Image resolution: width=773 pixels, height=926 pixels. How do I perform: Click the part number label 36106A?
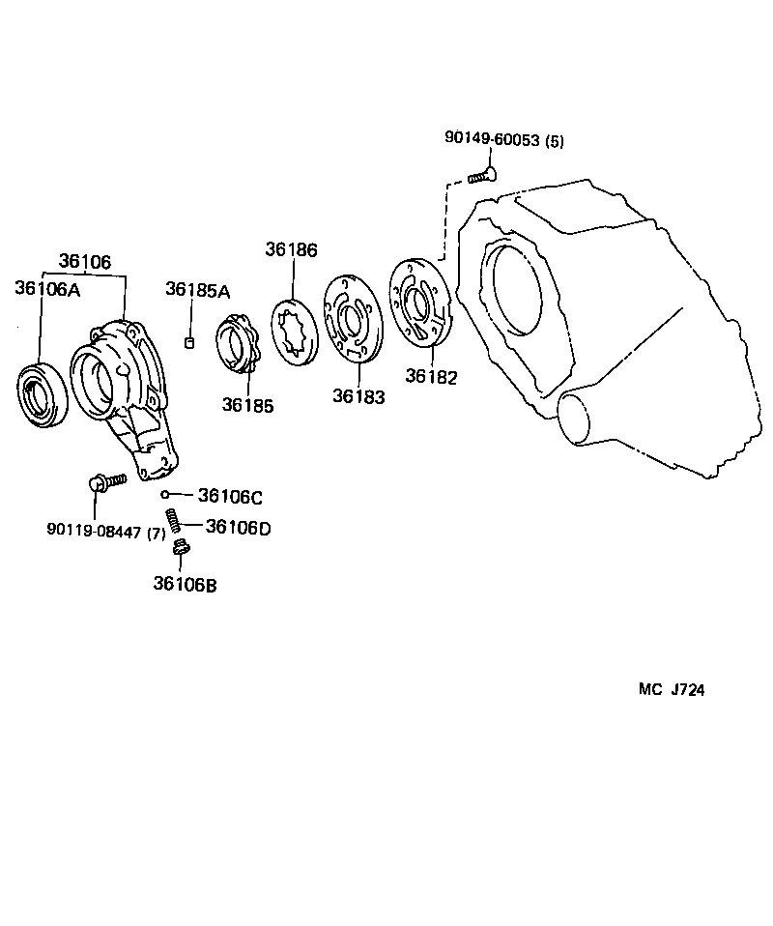[x=47, y=287]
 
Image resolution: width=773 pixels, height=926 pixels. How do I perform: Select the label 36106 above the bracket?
[x=85, y=261]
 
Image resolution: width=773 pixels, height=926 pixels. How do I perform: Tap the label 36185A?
[x=197, y=289]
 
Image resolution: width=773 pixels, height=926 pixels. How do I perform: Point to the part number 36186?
[x=291, y=249]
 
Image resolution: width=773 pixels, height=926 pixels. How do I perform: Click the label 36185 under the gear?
[x=247, y=405]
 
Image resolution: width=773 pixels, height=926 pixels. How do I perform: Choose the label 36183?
[x=358, y=395]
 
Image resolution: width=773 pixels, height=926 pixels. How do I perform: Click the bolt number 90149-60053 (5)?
[x=504, y=139]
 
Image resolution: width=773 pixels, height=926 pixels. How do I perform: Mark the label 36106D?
[x=238, y=527]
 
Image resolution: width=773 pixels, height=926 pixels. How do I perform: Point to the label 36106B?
[x=185, y=584]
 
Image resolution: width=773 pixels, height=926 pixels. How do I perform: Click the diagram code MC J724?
[x=672, y=689]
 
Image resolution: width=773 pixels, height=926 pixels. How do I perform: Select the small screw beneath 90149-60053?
[x=481, y=175]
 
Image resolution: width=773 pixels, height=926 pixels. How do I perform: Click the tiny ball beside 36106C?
[x=166, y=495]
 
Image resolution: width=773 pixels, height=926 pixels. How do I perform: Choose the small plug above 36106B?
[x=178, y=549]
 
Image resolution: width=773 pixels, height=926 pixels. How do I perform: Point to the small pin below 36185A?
[x=190, y=340]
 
